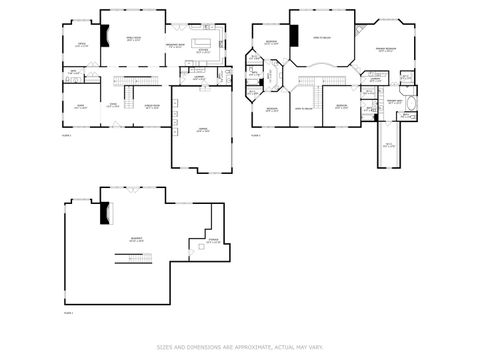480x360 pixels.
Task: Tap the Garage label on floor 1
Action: point(202,131)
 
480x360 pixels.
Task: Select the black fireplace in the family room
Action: point(103,39)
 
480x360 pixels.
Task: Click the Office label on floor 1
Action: point(81,45)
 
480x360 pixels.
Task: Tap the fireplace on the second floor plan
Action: point(294,36)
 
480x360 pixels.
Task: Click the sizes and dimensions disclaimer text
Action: point(240,347)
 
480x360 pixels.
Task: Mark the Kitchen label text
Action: point(203,51)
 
